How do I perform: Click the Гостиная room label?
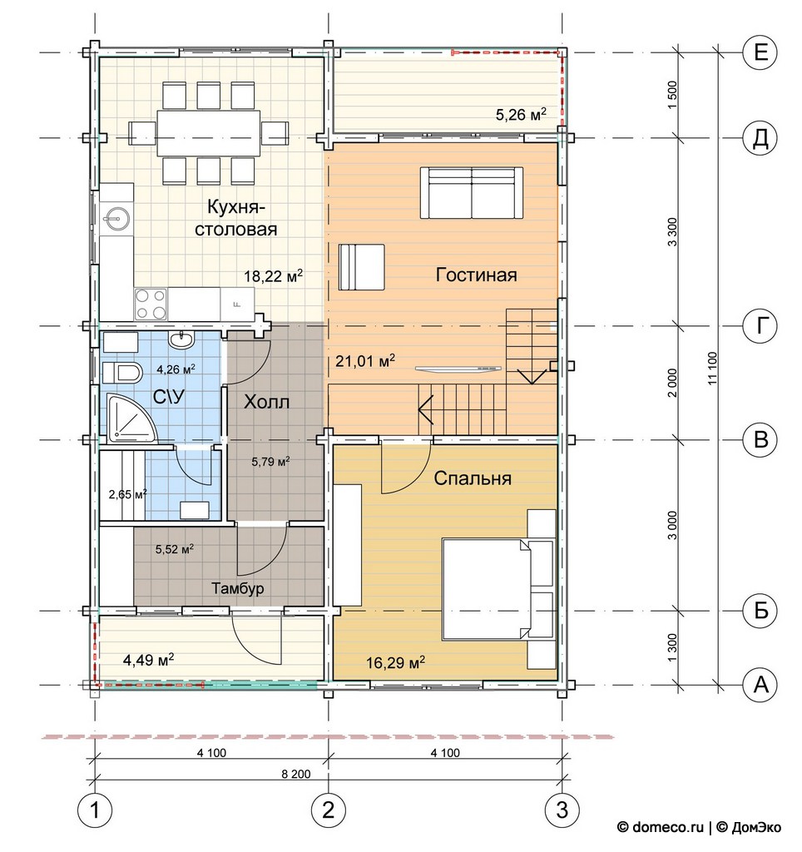476,275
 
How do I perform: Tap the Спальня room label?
473,478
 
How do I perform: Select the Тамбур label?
237,588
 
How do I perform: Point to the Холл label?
266,402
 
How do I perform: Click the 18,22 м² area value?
273,276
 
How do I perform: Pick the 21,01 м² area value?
364,360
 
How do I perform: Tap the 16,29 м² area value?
395,662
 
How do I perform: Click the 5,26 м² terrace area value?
521,115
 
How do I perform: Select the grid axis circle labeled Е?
760,52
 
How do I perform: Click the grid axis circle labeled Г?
760,326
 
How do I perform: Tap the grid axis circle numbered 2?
328,810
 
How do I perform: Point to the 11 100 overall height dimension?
713,369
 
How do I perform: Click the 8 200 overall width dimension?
296,774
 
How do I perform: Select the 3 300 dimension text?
673,232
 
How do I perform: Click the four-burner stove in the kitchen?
151,305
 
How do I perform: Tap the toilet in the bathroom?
122,373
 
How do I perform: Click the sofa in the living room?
472,193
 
